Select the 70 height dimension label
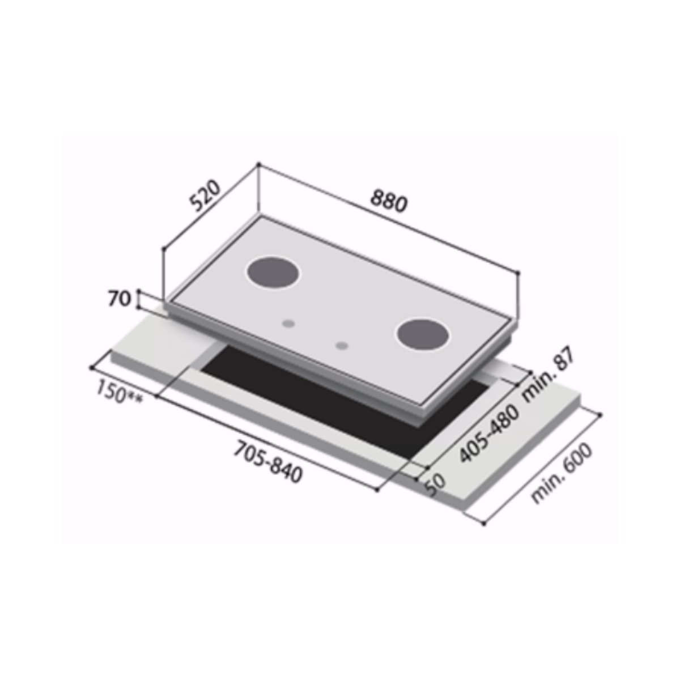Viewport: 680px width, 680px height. tap(120, 299)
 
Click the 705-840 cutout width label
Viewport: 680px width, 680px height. tap(268, 461)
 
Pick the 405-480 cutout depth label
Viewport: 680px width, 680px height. tap(490, 433)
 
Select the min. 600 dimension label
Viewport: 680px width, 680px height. tap(561, 474)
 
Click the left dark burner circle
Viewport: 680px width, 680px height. tap(273, 274)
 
